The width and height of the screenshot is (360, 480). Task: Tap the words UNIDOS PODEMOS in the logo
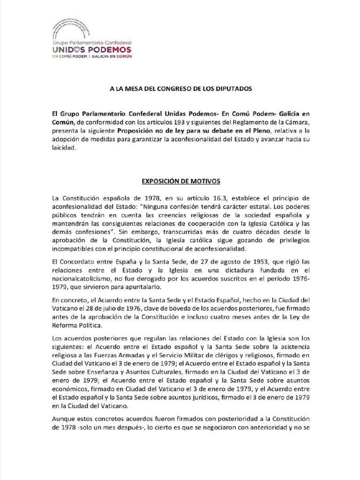point(92,49)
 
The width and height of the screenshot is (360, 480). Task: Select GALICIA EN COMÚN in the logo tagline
point(112,56)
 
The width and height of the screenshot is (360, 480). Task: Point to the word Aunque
point(65,418)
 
